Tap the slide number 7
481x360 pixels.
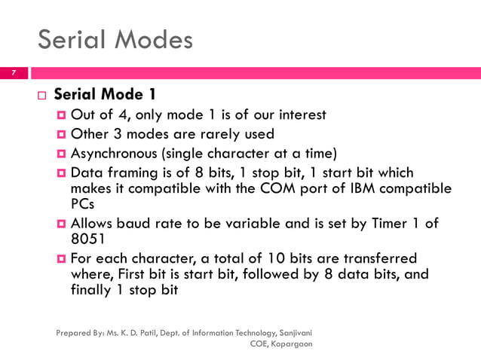(13, 73)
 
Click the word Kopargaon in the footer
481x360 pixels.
(292, 343)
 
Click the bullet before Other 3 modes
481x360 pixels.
(62, 134)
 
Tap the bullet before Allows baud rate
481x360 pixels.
(62, 224)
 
